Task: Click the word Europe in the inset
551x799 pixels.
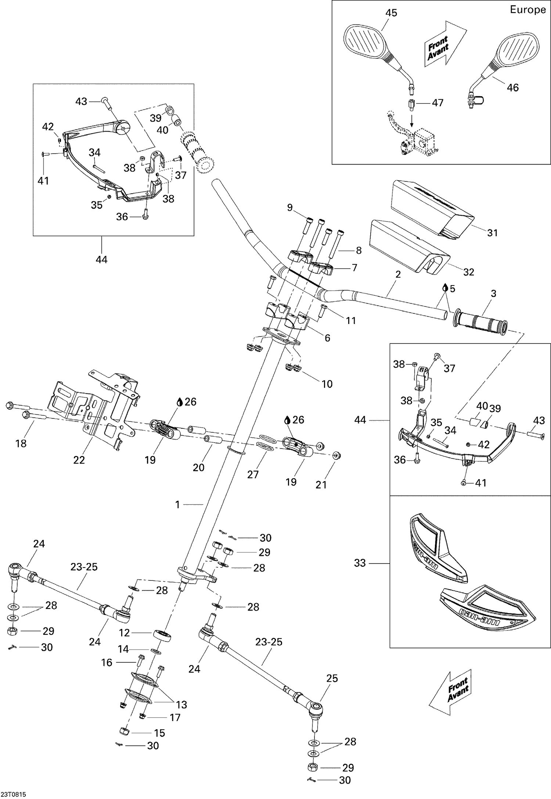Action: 527,10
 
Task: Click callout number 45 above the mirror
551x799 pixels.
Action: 391,13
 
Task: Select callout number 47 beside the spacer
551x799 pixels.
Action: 437,103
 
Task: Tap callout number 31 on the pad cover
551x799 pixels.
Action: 492,233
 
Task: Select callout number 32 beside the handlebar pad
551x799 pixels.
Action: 469,272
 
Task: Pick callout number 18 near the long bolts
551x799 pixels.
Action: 21,443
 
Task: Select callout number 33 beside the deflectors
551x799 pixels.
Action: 360,563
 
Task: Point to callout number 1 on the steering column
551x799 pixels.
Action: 177,505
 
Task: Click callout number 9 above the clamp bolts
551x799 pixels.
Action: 290,208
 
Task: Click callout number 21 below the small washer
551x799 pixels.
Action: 321,485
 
